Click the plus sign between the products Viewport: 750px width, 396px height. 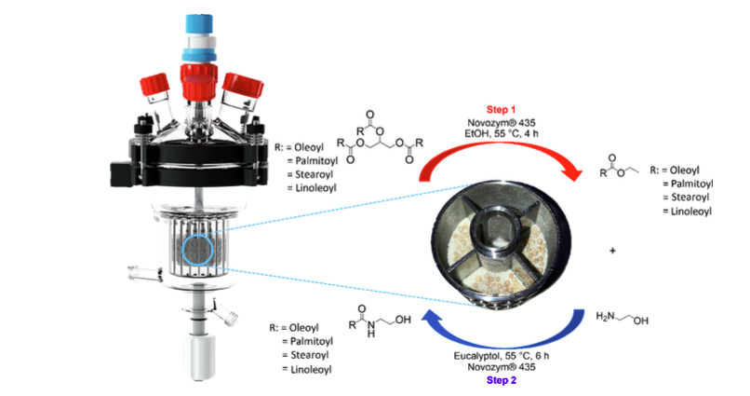[611, 253]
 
